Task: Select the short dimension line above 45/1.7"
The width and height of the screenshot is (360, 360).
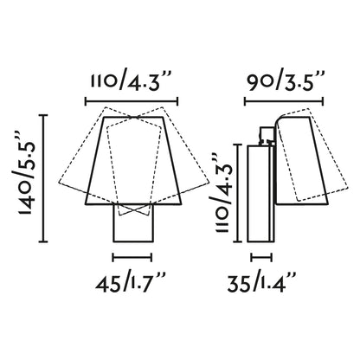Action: pyautogui.click(x=132, y=257)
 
